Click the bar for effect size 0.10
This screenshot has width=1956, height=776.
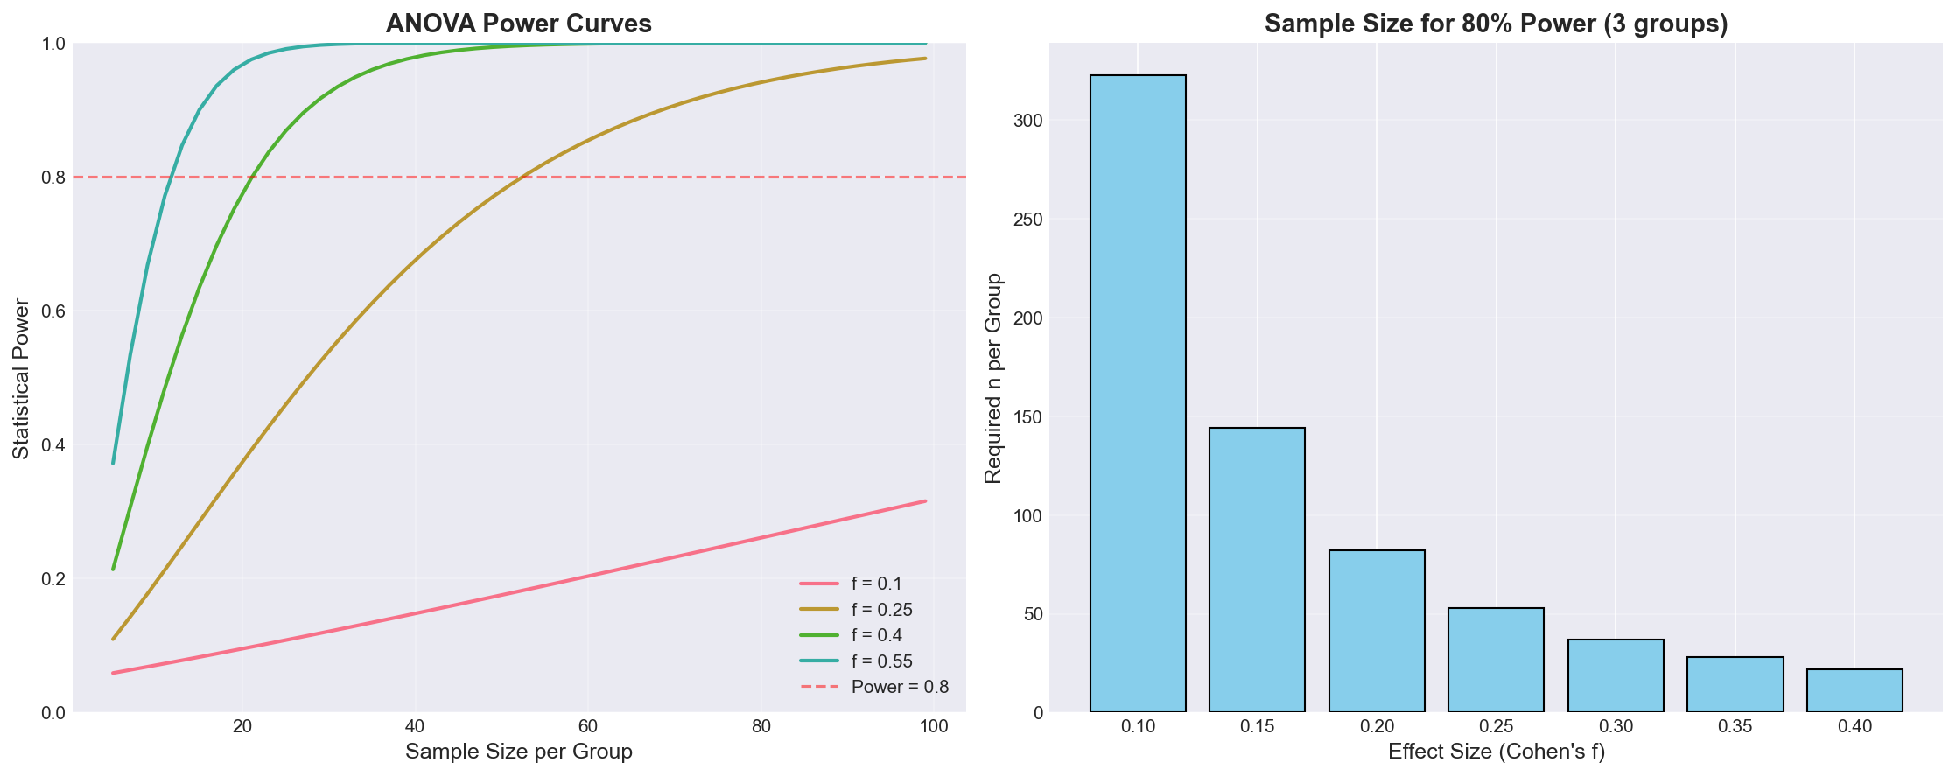(x=1138, y=394)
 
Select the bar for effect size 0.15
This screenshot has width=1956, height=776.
(x=1257, y=570)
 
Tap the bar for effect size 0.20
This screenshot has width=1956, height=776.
(x=1377, y=631)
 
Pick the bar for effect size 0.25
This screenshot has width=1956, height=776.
(x=1496, y=660)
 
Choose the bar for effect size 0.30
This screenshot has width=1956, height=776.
(x=1616, y=675)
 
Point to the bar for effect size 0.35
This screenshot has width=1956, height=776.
(x=1735, y=684)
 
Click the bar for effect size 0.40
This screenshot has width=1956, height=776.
(x=1854, y=690)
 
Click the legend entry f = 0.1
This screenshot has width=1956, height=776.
(x=876, y=584)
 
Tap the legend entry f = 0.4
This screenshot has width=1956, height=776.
(x=876, y=635)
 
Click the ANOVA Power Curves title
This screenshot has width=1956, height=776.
(x=519, y=24)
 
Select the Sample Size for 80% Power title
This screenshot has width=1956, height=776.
(x=1496, y=24)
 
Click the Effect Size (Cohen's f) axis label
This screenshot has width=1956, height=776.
(x=1497, y=752)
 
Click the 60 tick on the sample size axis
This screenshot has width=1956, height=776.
(x=588, y=728)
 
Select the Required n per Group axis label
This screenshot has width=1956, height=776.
(x=992, y=379)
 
